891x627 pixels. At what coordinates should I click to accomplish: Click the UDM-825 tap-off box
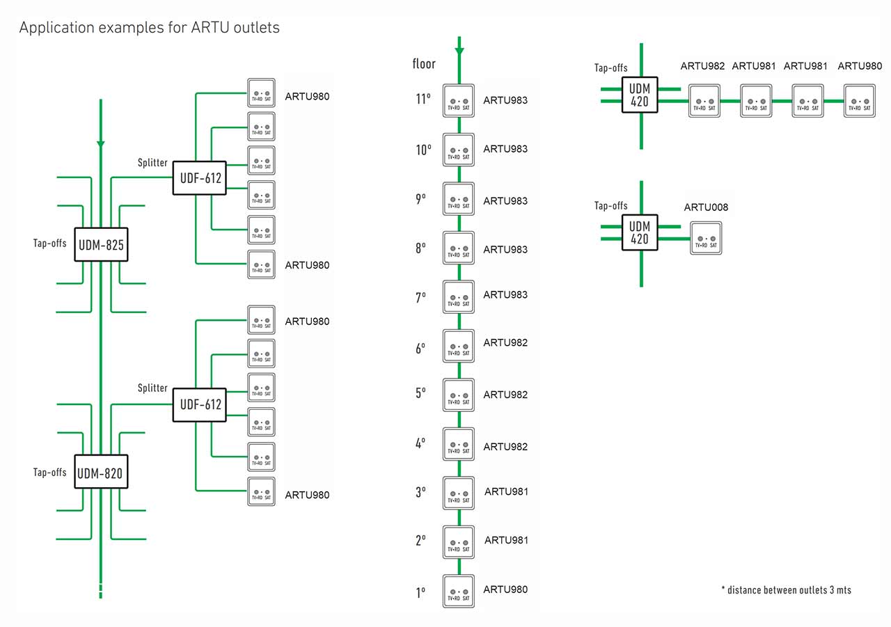point(101,244)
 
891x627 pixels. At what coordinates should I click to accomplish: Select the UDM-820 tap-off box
point(101,474)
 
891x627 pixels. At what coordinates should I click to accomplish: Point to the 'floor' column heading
point(424,64)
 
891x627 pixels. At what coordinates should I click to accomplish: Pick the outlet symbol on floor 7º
point(459,297)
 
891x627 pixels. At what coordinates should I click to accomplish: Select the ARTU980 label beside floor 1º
point(505,589)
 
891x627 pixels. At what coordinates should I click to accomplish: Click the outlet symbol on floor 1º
point(459,592)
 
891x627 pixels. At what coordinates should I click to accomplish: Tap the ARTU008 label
point(706,207)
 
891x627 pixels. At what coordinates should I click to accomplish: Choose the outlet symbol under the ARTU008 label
point(706,238)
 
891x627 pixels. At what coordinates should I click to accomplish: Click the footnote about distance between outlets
point(786,590)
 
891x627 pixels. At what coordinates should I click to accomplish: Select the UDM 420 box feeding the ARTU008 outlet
point(640,232)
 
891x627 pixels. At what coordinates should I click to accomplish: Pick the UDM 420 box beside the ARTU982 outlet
point(640,95)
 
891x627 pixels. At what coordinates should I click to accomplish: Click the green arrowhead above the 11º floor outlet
point(459,51)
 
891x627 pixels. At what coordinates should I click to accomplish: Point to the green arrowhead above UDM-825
point(101,143)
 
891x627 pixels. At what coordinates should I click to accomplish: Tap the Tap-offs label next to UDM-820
point(50,473)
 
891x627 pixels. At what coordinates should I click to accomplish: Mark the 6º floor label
point(420,349)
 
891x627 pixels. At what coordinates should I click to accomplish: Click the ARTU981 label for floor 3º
point(506,491)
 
